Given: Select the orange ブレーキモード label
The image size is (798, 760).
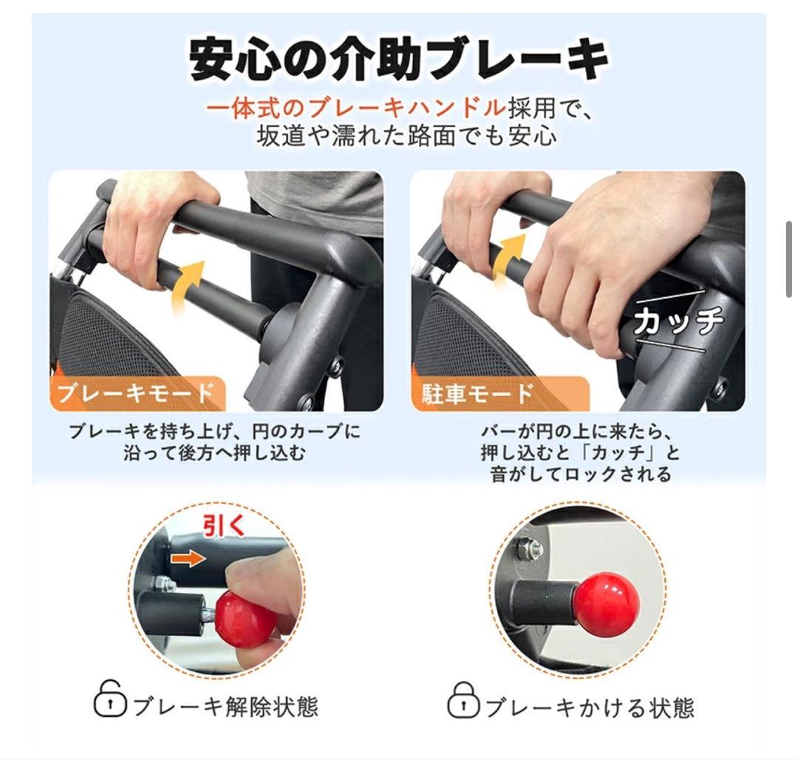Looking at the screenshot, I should [x=136, y=393].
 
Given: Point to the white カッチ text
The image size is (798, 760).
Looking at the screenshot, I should [x=678, y=322].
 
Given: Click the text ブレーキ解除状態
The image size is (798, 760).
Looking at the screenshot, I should [x=225, y=707].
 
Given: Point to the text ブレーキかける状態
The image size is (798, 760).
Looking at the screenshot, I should [x=588, y=707].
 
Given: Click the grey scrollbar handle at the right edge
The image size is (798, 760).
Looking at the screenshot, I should [x=788, y=259].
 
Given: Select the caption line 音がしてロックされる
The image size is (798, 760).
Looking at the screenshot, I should [x=581, y=473].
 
